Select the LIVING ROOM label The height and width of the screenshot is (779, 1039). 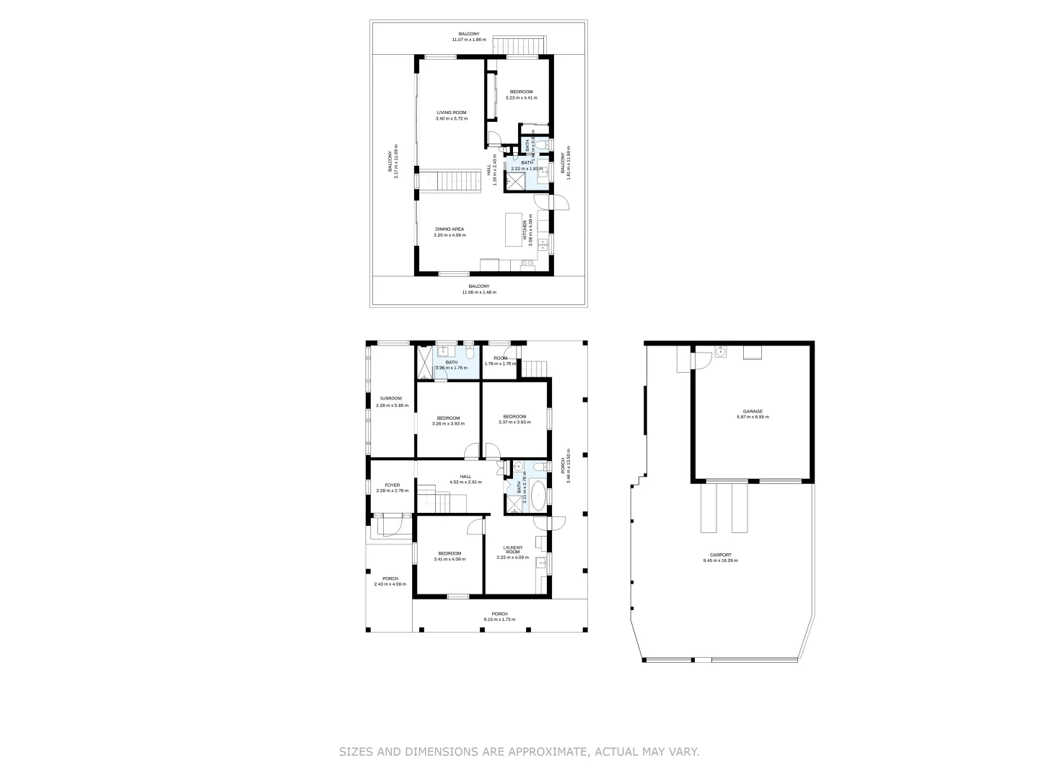[452, 113]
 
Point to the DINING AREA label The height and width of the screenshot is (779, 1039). [450, 229]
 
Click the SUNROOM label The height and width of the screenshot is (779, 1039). [391, 398]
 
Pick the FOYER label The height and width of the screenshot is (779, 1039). [392, 485]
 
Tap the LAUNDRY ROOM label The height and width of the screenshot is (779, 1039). [513, 550]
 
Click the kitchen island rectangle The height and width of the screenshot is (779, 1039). [513, 229]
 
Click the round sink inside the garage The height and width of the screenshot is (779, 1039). [719, 352]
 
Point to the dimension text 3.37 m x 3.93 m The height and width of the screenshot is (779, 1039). [514, 423]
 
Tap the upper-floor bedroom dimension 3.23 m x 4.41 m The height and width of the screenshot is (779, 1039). [521, 97]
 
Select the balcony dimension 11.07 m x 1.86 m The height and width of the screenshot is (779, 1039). [469, 40]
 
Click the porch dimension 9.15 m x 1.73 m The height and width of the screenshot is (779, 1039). [499, 620]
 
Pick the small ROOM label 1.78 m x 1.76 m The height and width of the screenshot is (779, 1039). [501, 364]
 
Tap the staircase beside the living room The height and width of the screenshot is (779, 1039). [451, 180]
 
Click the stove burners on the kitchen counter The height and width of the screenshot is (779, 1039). [527, 263]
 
